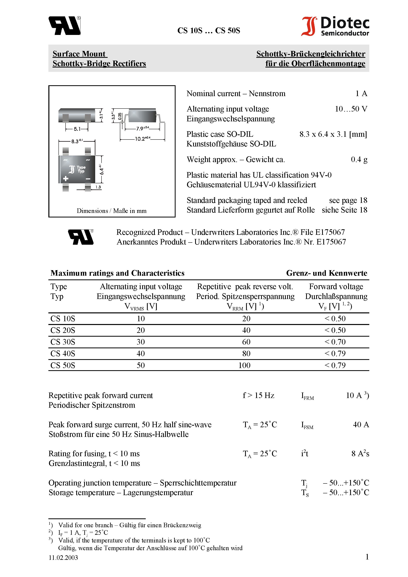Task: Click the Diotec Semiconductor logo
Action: (x=335, y=26)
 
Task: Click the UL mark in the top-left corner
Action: (x=64, y=26)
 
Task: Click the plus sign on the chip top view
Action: (x=66, y=179)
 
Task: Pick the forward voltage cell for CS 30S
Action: (x=335, y=342)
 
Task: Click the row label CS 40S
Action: (x=63, y=354)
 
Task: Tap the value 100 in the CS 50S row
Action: (x=244, y=365)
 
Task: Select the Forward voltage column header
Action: (x=336, y=287)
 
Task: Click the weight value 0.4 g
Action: (x=359, y=159)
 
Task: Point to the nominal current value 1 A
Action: (x=361, y=94)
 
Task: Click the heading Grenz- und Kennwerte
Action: (x=326, y=273)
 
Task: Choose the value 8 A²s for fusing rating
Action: (x=360, y=454)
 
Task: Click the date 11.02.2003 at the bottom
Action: (x=63, y=557)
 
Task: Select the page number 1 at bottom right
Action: (x=367, y=557)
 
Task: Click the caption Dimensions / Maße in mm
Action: (x=111, y=211)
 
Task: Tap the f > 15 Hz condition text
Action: (x=258, y=395)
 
